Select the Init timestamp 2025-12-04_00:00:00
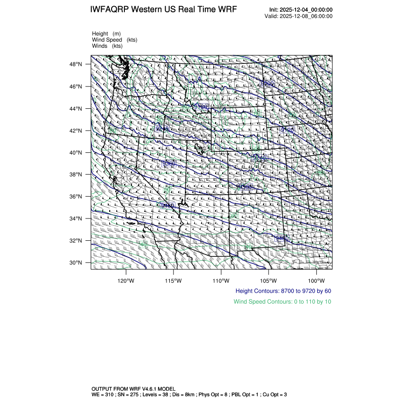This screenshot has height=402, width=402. coord(306,10)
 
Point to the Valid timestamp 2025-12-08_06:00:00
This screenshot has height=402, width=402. coord(306,16)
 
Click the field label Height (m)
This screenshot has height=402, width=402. coord(106,34)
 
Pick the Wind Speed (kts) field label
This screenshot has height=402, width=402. coord(115,40)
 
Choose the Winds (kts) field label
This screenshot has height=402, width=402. coord(107,46)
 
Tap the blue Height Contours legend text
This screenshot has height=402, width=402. coord(283,291)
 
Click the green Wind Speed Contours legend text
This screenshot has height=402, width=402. coord(282,301)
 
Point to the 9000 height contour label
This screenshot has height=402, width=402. coord(268,83)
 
